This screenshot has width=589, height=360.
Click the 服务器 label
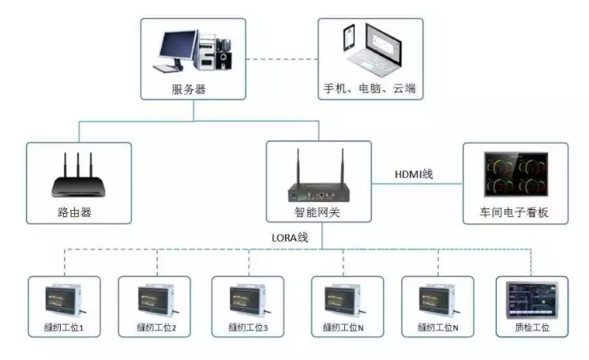189,89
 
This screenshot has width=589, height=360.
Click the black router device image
78,186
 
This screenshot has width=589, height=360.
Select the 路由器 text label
77,212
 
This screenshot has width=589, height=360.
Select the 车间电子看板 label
515,212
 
